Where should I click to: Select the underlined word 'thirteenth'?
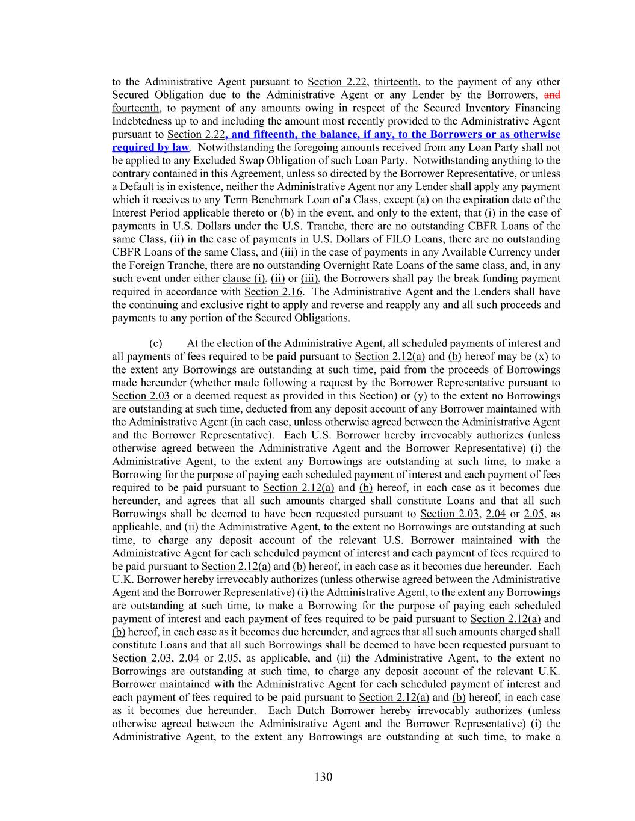pyautogui.click(x=396, y=82)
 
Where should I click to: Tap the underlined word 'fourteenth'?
pyautogui.click(x=136, y=108)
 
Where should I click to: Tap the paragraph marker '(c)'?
pyautogui.click(x=156, y=343)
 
